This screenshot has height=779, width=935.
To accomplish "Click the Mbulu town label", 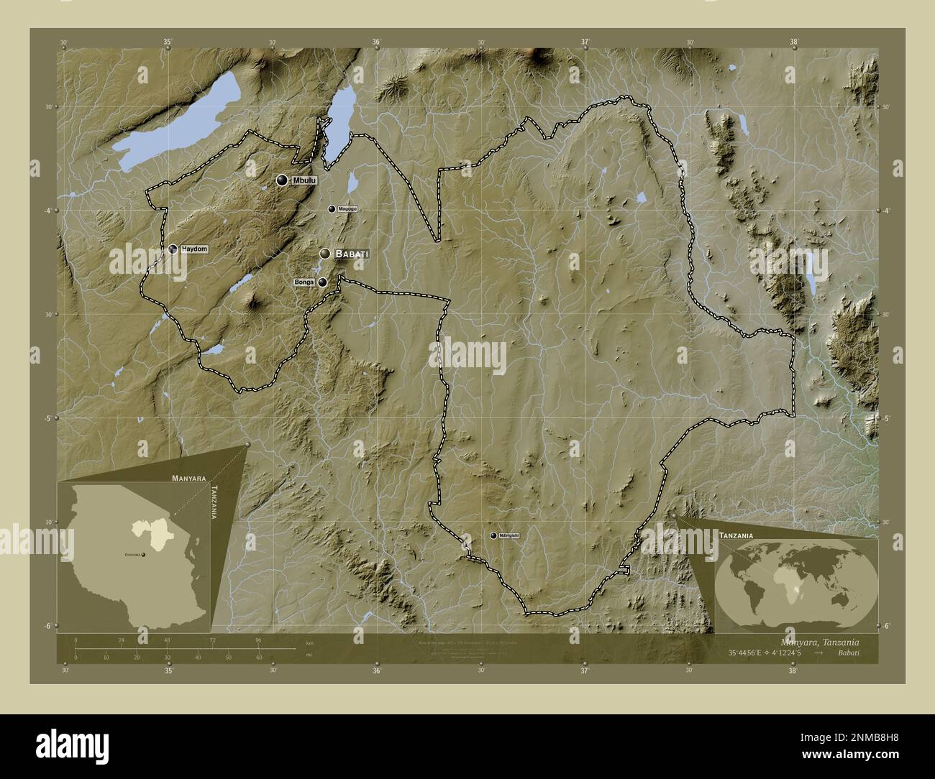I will [304, 180].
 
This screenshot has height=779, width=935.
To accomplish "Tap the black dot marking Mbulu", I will [282, 180].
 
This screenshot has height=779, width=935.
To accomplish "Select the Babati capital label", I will [352, 254].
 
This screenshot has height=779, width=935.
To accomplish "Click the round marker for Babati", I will [326, 254].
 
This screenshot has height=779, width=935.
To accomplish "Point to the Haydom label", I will [194, 249].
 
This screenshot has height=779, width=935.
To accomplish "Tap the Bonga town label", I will [304, 283].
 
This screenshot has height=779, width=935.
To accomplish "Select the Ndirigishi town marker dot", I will [493, 535].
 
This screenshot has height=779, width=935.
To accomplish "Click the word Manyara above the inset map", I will [189, 477].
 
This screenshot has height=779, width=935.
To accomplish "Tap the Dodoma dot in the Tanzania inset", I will [144, 556].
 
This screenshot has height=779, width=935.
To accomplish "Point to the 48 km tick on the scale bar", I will [168, 640].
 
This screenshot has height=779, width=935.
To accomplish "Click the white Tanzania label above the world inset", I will [735, 536].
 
